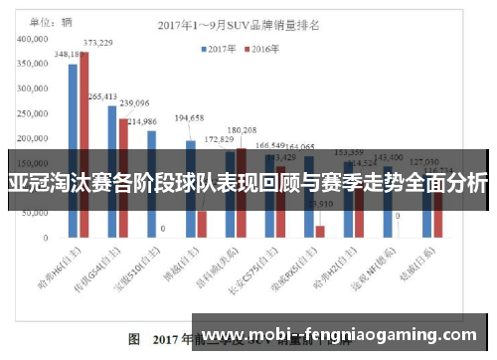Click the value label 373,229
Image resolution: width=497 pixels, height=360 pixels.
97,43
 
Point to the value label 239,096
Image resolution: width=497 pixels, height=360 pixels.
134,102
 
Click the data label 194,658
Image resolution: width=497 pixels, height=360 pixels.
188,117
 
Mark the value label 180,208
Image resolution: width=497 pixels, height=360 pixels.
242,130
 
